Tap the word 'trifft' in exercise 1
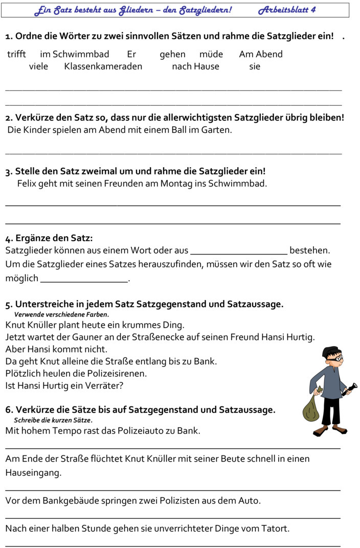(x=16, y=54)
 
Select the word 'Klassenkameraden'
(x=103, y=66)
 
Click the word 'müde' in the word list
(x=211, y=54)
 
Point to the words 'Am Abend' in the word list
(x=261, y=54)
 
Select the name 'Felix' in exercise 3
(x=26, y=183)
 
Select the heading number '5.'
(x=9, y=305)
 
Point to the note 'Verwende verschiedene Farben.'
(x=61, y=315)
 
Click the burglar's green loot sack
(x=310, y=408)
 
